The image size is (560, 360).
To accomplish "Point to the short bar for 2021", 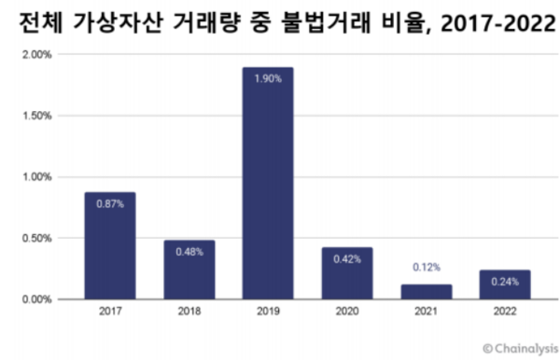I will [x=426, y=292].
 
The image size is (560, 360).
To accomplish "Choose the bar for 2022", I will [x=504, y=285].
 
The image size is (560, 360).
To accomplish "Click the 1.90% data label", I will [x=268, y=79].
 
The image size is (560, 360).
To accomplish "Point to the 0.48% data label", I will [x=189, y=253].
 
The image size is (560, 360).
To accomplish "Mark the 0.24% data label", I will [x=504, y=283].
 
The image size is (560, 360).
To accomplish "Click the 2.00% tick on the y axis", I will [x=37, y=55].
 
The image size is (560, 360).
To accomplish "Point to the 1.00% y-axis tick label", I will [x=37, y=177].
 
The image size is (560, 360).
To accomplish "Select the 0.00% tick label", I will [x=37, y=299].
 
